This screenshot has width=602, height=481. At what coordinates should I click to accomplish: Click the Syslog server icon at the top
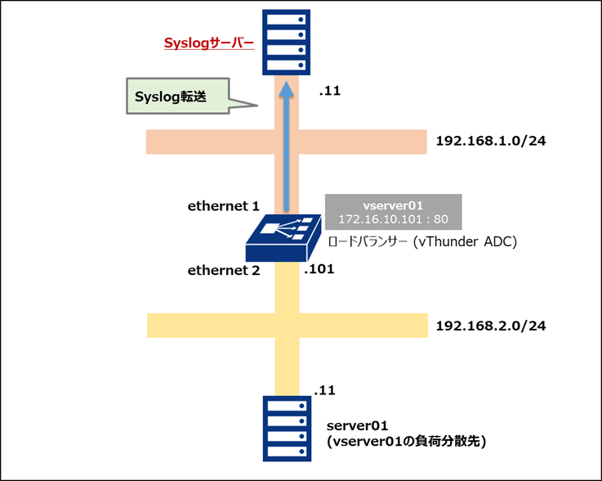click(x=286, y=42)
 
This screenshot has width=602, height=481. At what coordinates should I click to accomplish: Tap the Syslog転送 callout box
click(x=173, y=96)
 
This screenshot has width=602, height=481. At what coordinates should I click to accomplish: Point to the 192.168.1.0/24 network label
click(x=490, y=141)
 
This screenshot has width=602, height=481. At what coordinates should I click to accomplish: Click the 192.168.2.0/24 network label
click(x=490, y=326)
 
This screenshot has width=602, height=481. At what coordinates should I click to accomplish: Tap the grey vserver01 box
click(x=393, y=212)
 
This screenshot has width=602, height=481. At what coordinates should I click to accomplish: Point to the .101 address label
click(x=320, y=267)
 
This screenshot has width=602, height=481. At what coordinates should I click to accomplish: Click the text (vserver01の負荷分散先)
click(x=406, y=442)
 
